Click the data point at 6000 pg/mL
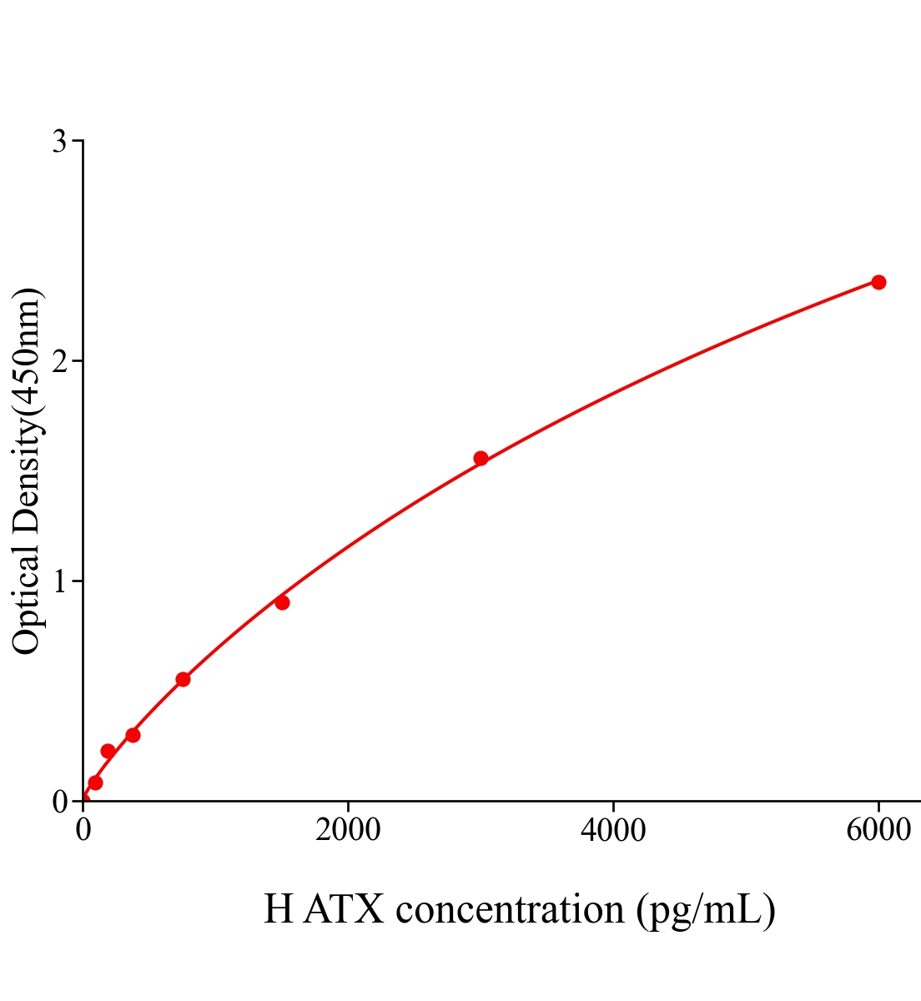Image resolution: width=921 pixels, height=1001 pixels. pos(878,282)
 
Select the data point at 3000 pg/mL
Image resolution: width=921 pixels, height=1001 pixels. pos(481,458)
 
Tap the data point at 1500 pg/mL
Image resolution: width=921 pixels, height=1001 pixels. pos(282,602)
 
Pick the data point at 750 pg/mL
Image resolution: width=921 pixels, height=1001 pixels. pos(183,679)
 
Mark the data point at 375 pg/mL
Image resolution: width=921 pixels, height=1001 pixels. pos(133,735)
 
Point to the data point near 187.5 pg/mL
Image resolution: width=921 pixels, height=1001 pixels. pos(108,751)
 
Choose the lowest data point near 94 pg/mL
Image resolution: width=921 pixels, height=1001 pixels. pos(95,782)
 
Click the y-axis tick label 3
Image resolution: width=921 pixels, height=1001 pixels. pos(59,142)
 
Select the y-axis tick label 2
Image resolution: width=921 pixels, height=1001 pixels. pos(59,361)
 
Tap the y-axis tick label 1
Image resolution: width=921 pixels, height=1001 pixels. pos(59,581)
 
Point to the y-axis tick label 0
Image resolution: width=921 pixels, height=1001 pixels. pos(59,802)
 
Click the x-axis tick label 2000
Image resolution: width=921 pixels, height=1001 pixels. pos(348,831)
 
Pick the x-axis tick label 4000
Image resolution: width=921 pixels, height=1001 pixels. pos(613,831)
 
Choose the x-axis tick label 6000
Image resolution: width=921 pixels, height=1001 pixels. pos(878,831)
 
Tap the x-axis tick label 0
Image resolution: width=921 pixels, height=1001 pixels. pos(83,831)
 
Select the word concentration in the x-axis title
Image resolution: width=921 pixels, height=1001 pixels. pos(510,909)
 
